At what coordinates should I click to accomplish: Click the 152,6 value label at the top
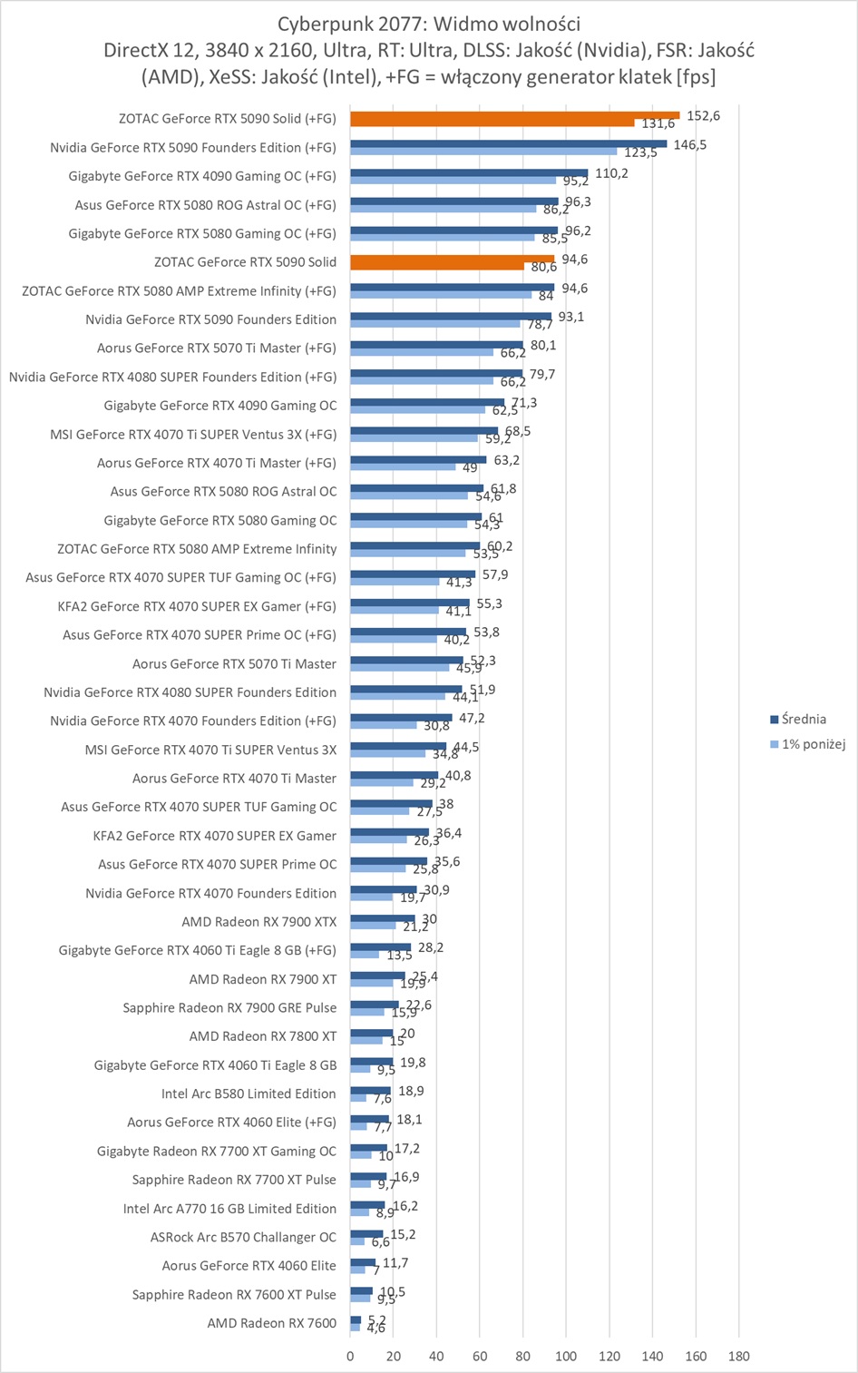click(704, 116)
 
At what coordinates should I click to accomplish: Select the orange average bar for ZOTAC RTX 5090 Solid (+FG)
click(514, 115)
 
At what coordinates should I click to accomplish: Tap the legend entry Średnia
click(804, 720)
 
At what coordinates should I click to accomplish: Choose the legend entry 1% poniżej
click(814, 744)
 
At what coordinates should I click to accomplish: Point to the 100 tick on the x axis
click(566, 1356)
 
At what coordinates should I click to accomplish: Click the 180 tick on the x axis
click(738, 1356)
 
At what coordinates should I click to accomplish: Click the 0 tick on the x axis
click(351, 1356)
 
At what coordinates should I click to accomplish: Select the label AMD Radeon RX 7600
click(271, 1323)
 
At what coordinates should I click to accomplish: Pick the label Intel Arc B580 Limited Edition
click(249, 1093)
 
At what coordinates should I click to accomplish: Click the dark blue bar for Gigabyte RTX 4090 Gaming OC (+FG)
click(469, 172)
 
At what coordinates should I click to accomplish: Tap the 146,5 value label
click(690, 144)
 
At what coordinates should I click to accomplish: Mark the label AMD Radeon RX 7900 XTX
click(258, 922)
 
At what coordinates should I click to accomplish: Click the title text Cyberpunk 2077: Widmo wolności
click(429, 24)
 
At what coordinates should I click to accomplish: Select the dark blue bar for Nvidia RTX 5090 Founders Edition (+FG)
click(508, 143)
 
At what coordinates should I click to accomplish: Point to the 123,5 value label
click(640, 152)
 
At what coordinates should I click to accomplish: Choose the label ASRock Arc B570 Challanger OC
click(243, 1237)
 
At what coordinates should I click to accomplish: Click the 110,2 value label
click(611, 173)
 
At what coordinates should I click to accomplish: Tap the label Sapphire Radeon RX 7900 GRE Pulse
click(229, 1007)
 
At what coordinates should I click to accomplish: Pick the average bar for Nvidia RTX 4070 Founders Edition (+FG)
click(401, 718)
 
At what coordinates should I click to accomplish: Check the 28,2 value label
click(431, 947)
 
